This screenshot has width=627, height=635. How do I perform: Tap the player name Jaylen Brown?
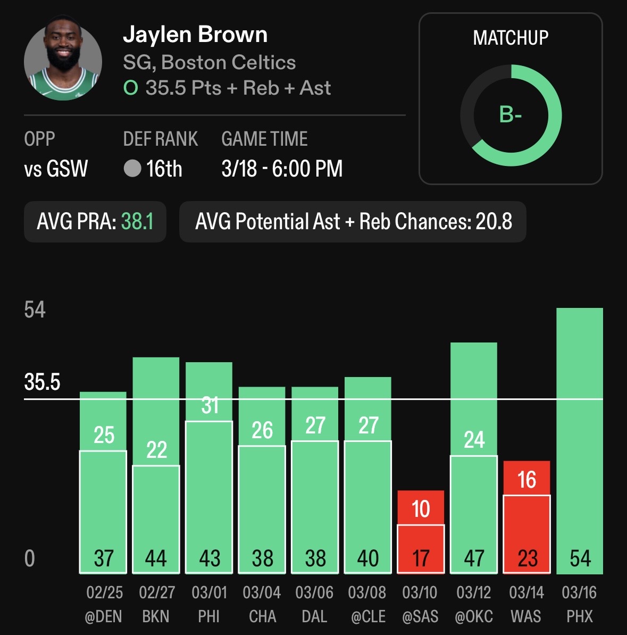(195, 35)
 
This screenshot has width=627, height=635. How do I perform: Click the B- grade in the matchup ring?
(510, 114)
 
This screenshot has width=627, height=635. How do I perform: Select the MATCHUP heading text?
(511, 38)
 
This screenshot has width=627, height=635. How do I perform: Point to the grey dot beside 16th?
(132, 169)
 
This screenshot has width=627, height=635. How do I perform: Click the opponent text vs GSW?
(56, 169)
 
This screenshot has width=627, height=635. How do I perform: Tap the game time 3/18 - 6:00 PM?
(282, 169)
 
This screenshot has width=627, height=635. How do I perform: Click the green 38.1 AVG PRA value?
(137, 221)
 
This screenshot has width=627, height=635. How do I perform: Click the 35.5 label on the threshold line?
(42, 382)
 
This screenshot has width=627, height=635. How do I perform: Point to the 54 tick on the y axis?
(35, 310)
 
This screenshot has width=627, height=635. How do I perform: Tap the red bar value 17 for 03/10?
(421, 558)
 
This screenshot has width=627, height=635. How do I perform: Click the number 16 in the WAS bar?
(526, 480)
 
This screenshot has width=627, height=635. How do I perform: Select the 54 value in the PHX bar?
(580, 558)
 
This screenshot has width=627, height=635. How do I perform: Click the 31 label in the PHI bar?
(210, 406)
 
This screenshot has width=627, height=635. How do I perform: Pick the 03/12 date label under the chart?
(473, 592)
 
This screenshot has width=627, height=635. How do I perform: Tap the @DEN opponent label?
(103, 616)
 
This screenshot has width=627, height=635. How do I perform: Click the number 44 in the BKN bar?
(156, 558)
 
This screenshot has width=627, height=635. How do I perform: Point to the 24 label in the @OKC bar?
(474, 440)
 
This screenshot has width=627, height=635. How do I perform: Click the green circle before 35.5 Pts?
(130, 88)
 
